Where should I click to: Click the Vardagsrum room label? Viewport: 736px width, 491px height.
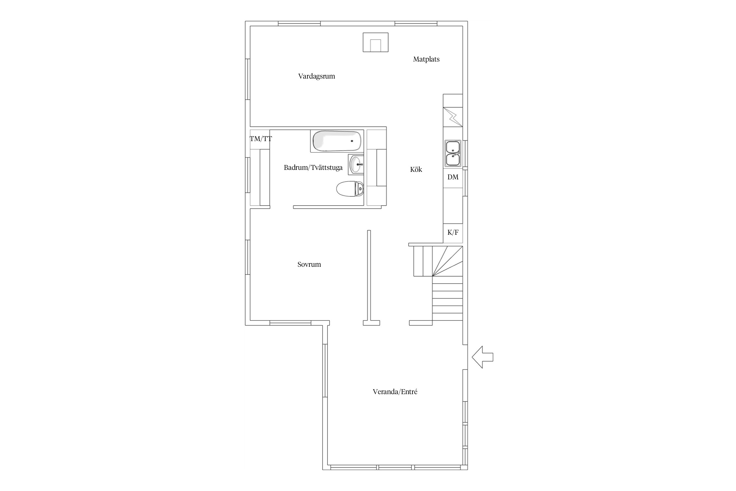pos(316,76)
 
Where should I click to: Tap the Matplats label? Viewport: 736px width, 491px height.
pos(426,59)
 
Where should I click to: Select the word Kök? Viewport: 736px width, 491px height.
pos(416,169)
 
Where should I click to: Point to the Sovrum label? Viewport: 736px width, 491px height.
pos(309,264)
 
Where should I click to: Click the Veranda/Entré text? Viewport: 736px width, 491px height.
pos(395,391)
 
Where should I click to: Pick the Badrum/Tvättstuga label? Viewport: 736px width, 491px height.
pos(313,168)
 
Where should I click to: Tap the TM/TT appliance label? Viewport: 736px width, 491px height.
pos(261,139)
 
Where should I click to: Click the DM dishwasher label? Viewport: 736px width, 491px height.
pos(453,177)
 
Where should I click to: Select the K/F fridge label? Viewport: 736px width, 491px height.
pos(453,232)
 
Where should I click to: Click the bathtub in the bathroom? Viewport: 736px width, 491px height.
pos(337,141)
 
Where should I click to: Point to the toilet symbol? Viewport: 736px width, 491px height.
pos(350,189)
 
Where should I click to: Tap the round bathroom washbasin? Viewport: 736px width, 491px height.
pos(356,164)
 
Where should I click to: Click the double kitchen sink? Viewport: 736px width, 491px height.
pos(453,154)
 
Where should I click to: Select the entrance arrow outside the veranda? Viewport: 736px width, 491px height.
pos(482,357)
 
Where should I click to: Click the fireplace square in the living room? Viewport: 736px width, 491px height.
pos(376,42)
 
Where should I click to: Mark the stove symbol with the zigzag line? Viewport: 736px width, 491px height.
pos(453,117)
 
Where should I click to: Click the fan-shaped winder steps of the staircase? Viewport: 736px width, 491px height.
pos(447,261)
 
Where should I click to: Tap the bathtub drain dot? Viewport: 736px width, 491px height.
pos(352,141)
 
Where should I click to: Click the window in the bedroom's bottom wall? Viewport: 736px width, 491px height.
pos(290,323)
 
